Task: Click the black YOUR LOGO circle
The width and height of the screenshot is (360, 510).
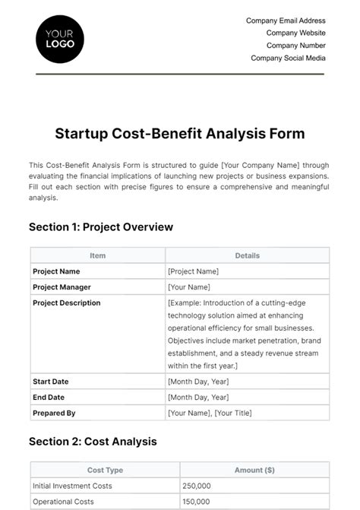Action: (x=60, y=38)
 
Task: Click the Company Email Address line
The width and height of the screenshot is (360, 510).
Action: (x=286, y=21)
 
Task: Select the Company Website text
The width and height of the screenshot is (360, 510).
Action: (x=295, y=33)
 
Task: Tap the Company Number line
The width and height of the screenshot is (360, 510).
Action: (x=295, y=46)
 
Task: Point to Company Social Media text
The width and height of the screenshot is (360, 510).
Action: (x=288, y=58)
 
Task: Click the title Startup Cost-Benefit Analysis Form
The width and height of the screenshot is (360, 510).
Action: (x=180, y=134)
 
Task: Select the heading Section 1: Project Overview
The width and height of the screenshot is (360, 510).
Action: (x=101, y=226)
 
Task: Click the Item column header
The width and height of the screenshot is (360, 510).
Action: (x=97, y=256)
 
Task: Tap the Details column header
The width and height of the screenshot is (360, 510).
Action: (x=247, y=256)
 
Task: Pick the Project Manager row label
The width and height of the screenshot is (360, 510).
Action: (x=62, y=287)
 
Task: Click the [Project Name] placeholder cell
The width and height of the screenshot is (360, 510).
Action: (x=193, y=271)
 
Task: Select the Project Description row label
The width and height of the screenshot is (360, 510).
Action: (x=67, y=303)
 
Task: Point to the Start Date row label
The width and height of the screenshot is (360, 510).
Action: (x=52, y=381)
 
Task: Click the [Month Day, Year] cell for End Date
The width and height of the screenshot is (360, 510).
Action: (x=197, y=397)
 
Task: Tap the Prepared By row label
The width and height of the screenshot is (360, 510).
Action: (x=54, y=413)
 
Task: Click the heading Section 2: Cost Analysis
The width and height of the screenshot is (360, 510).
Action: (x=93, y=441)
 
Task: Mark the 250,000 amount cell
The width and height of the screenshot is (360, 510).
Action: (x=196, y=486)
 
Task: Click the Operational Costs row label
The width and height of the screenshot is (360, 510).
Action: (x=63, y=502)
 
